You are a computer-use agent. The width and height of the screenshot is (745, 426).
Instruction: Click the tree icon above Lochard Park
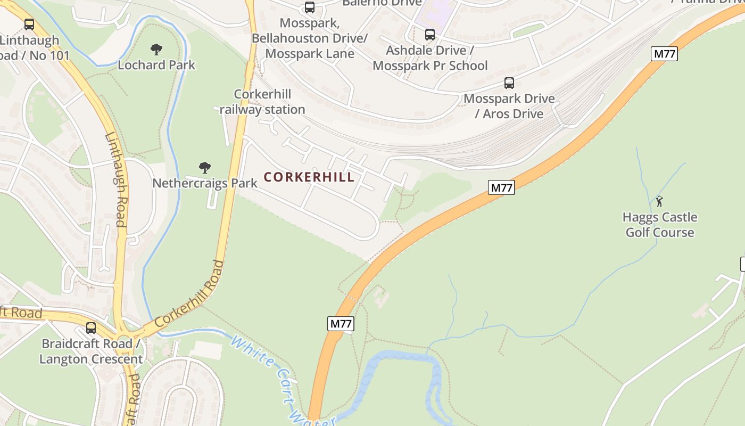pyautogui.click(x=156, y=50)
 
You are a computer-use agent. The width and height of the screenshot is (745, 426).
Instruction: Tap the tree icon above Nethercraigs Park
pyautogui.click(x=205, y=168)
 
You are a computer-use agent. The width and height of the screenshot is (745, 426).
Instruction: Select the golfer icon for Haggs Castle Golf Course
pyautogui.click(x=660, y=201)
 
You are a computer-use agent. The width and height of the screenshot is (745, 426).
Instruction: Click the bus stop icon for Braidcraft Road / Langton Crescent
pyautogui.click(x=91, y=327)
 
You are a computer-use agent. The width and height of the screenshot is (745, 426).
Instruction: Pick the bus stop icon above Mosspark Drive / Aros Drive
pyautogui.click(x=509, y=83)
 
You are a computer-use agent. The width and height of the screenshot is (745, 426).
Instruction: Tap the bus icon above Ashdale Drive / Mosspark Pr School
pyautogui.click(x=429, y=35)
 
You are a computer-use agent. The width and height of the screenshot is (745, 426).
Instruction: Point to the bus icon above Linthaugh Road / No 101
pyautogui.click(x=29, y=24)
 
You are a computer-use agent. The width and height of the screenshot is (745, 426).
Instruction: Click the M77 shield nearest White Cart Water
pyautogui.click(x=341, y=323)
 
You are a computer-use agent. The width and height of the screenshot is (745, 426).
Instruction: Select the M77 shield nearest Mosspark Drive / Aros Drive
pyautogui.click(x=664, y=54)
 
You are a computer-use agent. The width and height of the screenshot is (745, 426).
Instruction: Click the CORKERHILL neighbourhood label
pyautogui.click(x=309, y=177)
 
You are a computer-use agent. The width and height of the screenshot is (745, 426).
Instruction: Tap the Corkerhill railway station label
pyautogui.click(x=262, y=102)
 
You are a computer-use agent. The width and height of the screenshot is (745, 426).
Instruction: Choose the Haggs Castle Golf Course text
pyautogui.click(x=660, y=225)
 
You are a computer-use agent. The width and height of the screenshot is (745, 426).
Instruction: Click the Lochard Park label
pyautogui.click(x=156, y=65)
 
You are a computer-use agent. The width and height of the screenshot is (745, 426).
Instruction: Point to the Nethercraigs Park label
pyautogui.click(x=205, y=183)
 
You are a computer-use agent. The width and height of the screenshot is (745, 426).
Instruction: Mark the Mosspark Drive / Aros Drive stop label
pyautogui.click(x=509, y=106)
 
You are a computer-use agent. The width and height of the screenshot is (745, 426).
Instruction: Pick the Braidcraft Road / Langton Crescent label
pyautogui.click(x=91, y=351)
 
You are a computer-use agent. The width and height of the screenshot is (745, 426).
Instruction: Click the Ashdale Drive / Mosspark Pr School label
pyautogui.click(x=430, y=58)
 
